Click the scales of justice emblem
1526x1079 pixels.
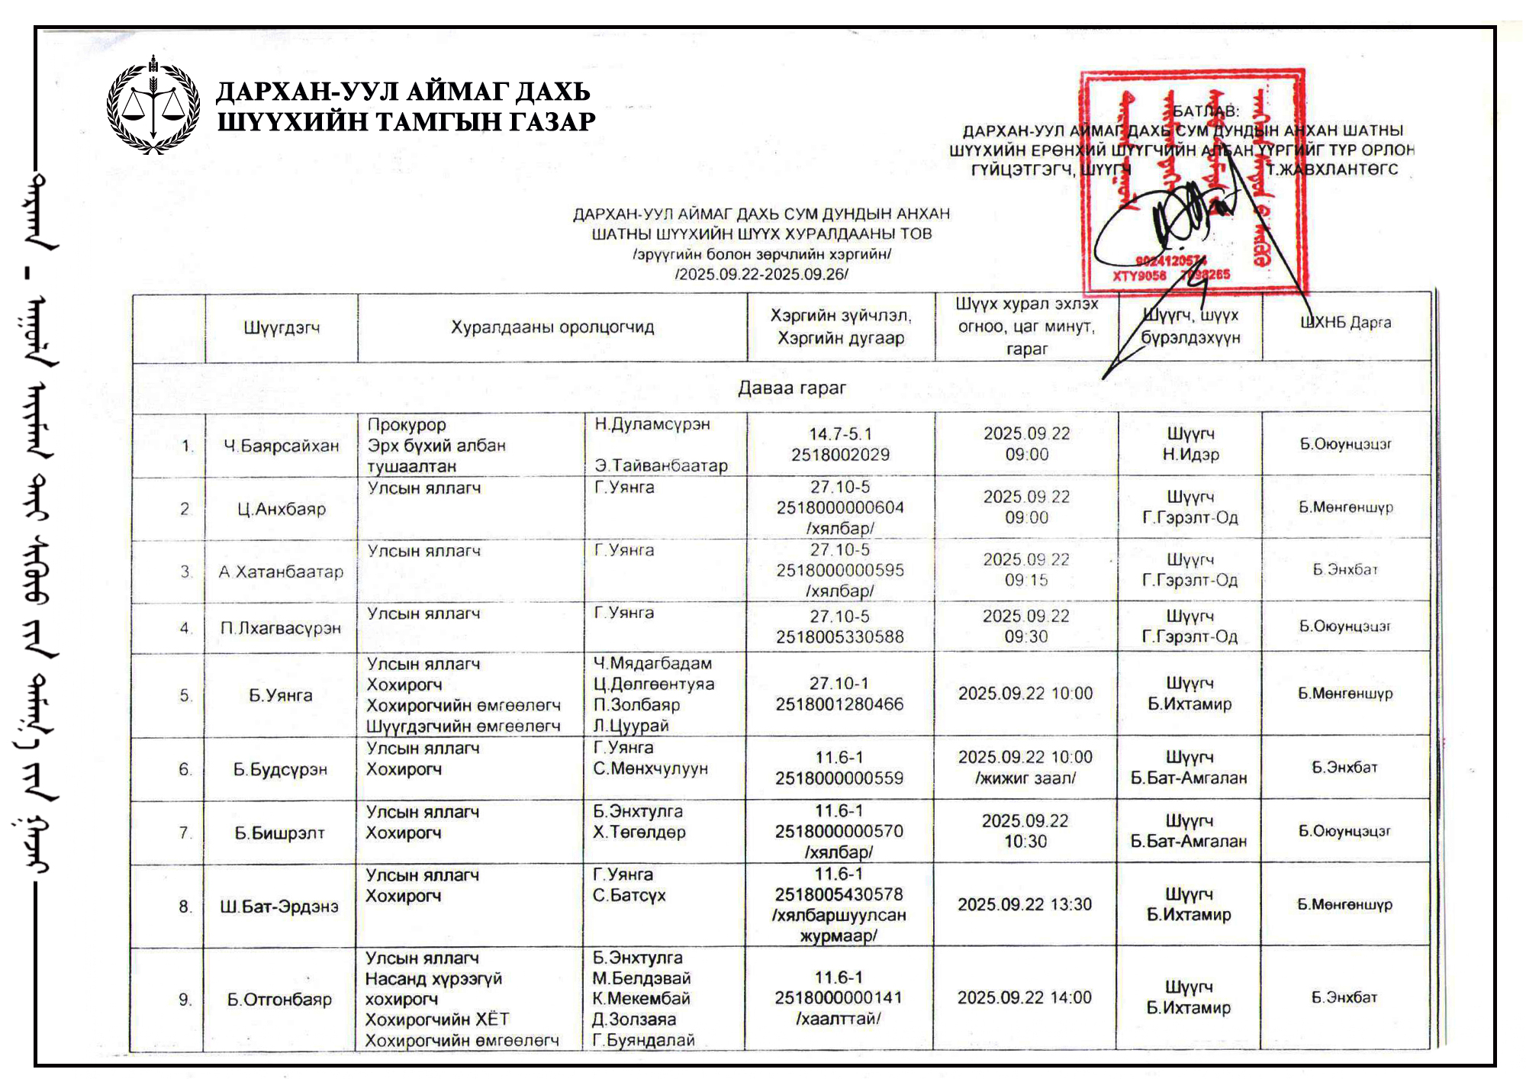pos(153,105)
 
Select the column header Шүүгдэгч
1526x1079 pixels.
pos(282,328)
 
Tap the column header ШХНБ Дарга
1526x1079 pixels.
pos(1345,323)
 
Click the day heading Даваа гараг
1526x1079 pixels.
pos(791,388)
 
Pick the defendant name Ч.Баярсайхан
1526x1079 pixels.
pos(281,446)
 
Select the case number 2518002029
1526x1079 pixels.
pos(840,456)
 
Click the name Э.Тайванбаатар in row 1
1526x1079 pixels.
pos(661,465)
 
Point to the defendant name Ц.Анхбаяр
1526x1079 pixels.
pos(281,509)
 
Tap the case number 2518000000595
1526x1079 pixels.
pos(840,571)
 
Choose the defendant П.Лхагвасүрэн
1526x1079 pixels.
pos(281,628)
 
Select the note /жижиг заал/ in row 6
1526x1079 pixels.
pos(1025,778)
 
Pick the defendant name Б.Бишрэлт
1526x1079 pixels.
pos(279,833)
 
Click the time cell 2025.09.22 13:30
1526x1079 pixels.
pos(1025,905)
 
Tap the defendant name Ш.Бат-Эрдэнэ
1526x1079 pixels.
pos(279,907)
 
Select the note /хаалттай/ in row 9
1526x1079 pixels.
pos(838,1019)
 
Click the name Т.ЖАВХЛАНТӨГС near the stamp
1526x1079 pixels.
pos(1332,169)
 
